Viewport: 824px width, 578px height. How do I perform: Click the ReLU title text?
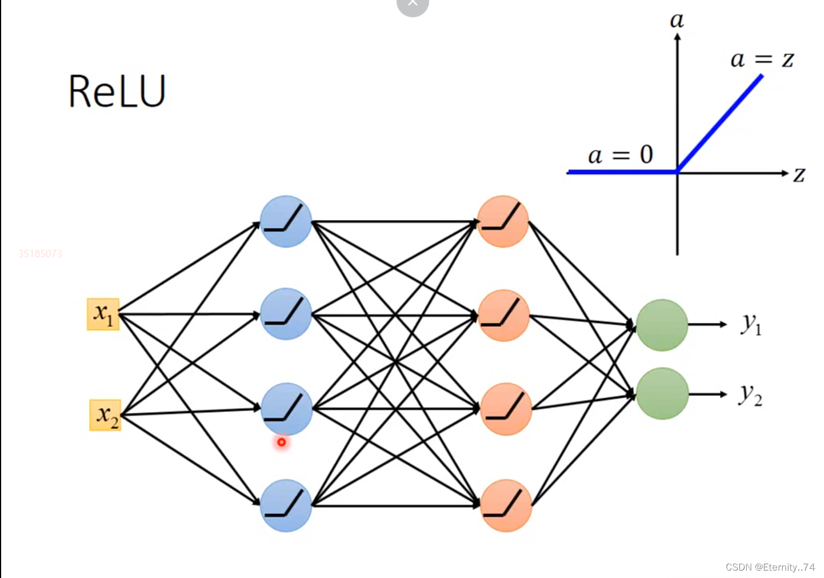[x=117, y=91]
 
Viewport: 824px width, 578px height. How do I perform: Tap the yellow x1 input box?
[x=103, y=314]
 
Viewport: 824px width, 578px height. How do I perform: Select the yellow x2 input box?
[x=106, y=415]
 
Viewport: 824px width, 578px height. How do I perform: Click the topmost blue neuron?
[x=286, y=222]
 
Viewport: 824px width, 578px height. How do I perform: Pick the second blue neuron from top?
[x=286, y=314]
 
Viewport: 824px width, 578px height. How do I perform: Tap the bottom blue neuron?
[x=286, y=506]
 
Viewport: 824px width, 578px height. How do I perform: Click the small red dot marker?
[x=282, y=442]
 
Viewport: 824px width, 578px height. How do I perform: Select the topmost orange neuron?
[x=503, y=222]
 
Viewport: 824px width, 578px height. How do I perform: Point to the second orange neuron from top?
[x=503, y=316]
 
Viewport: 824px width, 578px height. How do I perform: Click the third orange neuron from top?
[x=506, y=409]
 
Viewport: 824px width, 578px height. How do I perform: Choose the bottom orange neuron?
[x=506, y=506]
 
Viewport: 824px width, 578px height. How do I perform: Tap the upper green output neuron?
[x=662, y=325]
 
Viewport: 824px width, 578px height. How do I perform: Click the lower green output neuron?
[x=662, y=394]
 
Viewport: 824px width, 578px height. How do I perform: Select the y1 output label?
[x=751, y=324]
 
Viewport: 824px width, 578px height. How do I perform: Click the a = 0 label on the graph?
[x=620, y=155]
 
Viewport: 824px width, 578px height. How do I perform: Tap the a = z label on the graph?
[x=762, y=59]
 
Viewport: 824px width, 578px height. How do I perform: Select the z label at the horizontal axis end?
[x=799, y=174]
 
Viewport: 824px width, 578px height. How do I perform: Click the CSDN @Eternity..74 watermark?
[x=770, y=567]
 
